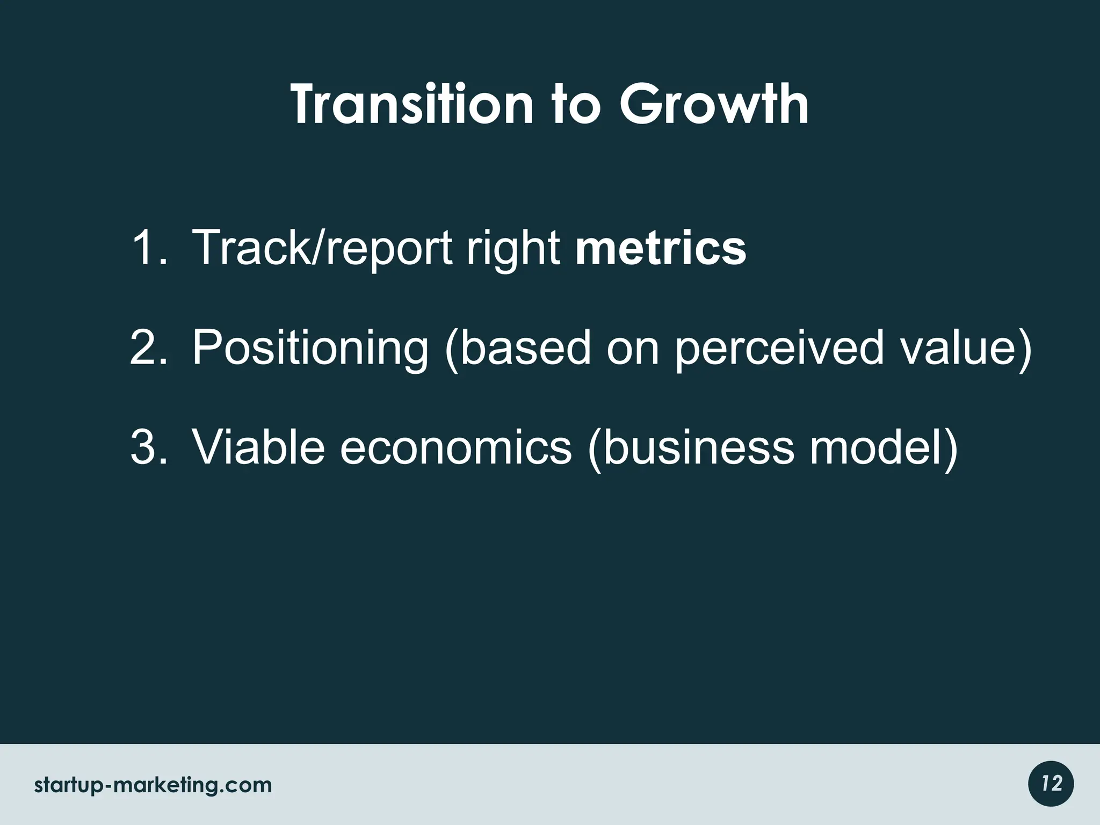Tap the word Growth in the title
pyautogui.click(x=714, y=105)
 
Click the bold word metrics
pyautogui.click(x=661, y=248)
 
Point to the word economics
pyautogui.click(x=455, y=448)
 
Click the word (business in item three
pyautogui.click(x=691, y=448)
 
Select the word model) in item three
pyautogui.click(x=884, y=448)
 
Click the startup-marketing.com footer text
pyautogui.click(x=153, y=786)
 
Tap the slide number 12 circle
pyautogui.click(x=1051, y=784)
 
